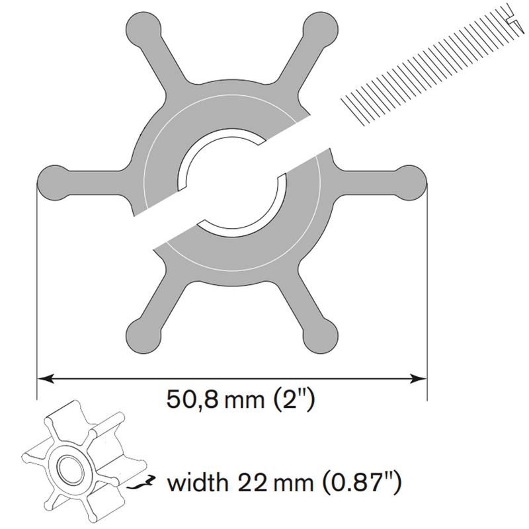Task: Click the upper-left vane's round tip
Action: tap(143, 28)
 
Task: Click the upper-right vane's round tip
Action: tap(320, 28)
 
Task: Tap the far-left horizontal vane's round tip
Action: tap(54, 183)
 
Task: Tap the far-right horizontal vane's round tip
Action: tap(409, 183)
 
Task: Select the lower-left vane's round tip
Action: tap(143, 337)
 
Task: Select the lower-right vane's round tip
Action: tap(320, 337)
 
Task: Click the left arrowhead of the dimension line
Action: tap(45, 378)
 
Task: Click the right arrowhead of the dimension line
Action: tap(419, 378)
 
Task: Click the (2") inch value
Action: tap(294, 399)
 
